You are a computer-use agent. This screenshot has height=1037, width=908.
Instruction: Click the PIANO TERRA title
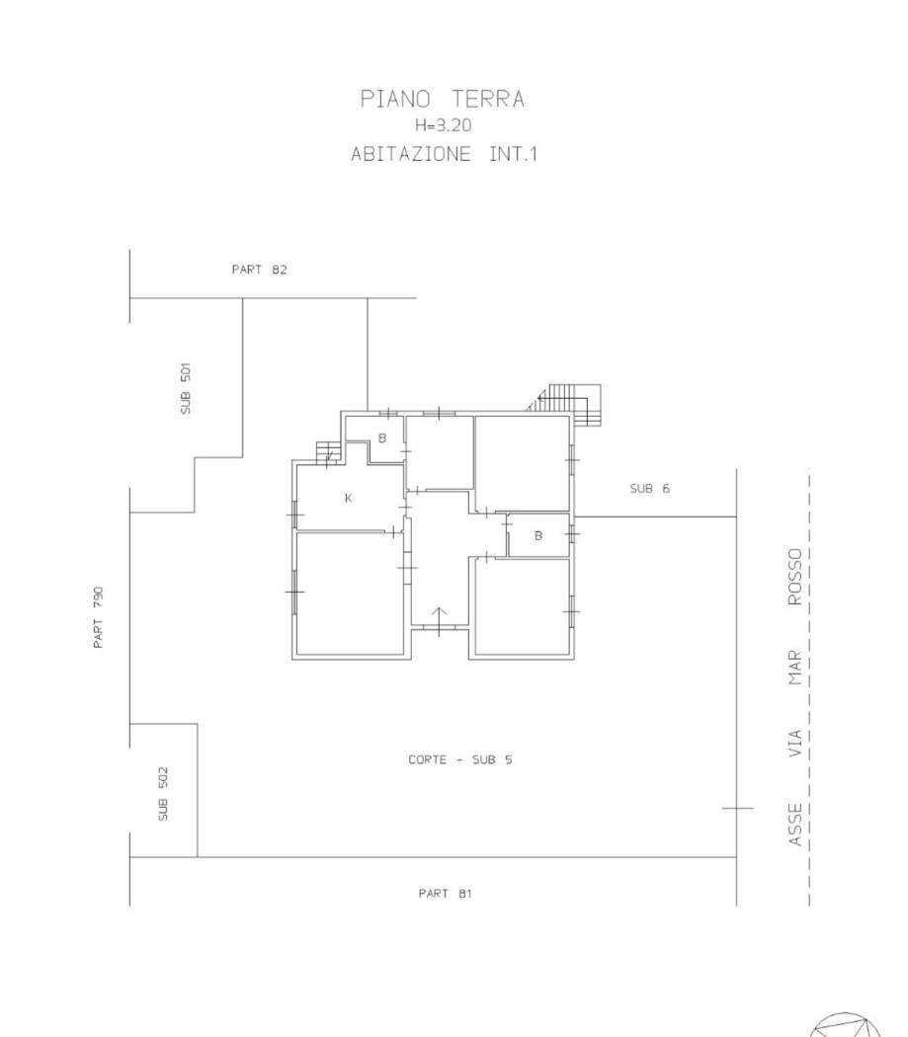click(442, 99)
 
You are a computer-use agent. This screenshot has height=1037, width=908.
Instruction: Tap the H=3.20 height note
click(443, 125)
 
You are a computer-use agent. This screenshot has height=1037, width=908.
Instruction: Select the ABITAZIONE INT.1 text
click(444, 154)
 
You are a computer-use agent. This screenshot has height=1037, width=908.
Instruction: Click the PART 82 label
click(260, 270)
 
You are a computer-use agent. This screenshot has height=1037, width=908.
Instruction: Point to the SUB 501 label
click(186, 388)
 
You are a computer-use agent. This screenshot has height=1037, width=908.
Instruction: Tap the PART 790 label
click(98, 617)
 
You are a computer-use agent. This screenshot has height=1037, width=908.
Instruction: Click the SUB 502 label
click(163, 794)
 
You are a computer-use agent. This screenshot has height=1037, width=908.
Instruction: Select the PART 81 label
click(445, 894)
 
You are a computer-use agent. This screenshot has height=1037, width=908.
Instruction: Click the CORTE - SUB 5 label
click(460, 759)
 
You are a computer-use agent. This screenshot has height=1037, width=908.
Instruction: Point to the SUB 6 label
click(649, 489)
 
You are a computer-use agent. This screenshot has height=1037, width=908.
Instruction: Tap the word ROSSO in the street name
click(794, 576)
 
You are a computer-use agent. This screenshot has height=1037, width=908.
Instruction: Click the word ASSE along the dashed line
click(794, 824)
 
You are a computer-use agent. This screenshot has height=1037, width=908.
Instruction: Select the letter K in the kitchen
click(349, 498)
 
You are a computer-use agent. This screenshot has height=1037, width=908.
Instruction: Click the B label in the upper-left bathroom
click(381, 438)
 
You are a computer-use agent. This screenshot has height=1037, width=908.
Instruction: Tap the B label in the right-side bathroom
click(538, 535)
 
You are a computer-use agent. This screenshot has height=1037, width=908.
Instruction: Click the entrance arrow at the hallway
click(440, 620)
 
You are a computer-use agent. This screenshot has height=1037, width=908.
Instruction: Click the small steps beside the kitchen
click(328, 453)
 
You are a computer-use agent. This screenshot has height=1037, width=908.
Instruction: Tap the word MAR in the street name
click(794, 668)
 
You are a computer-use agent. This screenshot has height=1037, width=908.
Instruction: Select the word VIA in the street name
click(794, 744)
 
